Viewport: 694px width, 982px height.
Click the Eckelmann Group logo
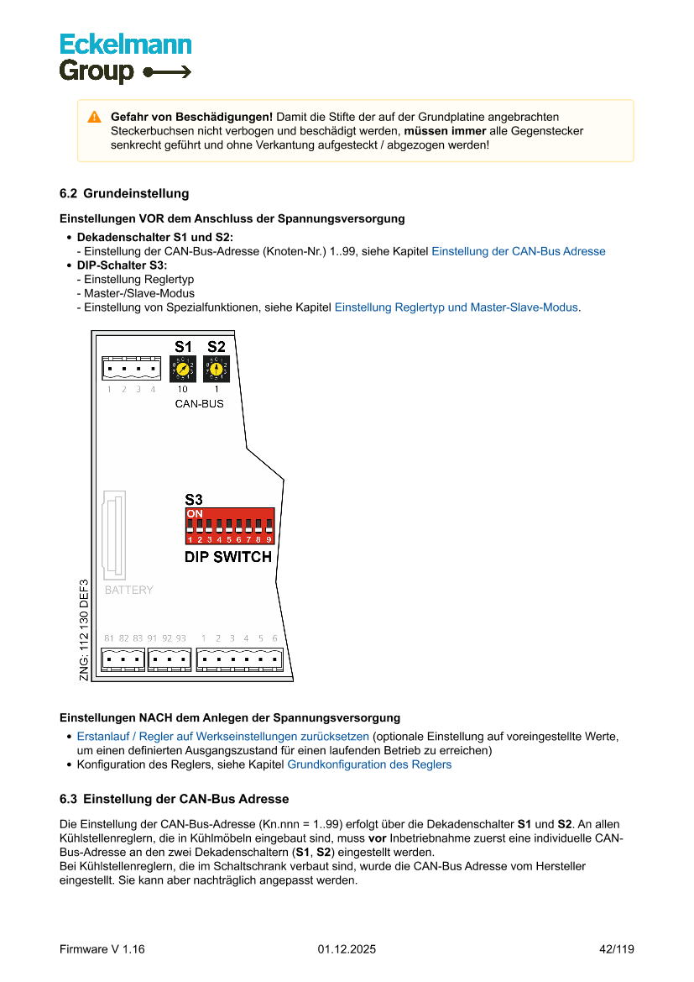[x=125, y=57]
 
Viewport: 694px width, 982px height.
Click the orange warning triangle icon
[x=94, y=117]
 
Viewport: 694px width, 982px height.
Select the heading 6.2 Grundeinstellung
[x=124, y=194]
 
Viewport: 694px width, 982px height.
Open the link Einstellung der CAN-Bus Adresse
[x=518, y=251]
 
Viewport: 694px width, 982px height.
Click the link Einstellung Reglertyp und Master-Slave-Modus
[x=456, y=307]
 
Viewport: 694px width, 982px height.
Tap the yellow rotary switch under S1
[x=183, y=368]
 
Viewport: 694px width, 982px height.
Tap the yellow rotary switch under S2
[x=216, y=368]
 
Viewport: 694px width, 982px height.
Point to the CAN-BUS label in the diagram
[x=199, y=404]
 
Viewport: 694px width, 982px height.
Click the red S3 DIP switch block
[x=230, y=526]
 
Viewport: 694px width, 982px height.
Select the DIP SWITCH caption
[x=227, y=557]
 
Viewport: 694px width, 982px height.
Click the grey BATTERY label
[x=128, y=591]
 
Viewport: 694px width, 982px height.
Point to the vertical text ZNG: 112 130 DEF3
[x=84, y=630]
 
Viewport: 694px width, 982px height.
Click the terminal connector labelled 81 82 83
[x=123, y=659]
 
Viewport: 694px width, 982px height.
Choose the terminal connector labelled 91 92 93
[x=169, y=659]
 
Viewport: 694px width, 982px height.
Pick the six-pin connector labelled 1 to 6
[x=239, y=659]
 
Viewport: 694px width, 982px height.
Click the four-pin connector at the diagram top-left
[x=131, y=369]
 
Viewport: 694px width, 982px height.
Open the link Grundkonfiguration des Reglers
[x=369, y=765]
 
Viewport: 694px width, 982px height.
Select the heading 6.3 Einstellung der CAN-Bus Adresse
[x=174, y=799]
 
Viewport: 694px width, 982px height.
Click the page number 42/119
[x=616, y=950]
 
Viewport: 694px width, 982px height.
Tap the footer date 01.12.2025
[x=347, y=950]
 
